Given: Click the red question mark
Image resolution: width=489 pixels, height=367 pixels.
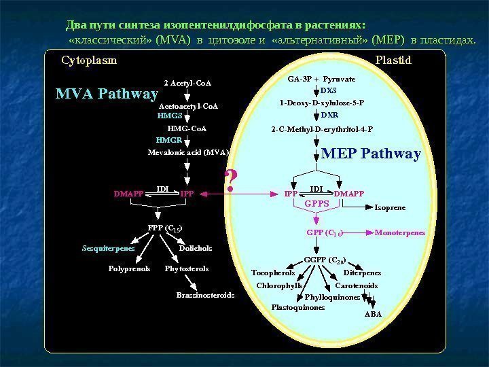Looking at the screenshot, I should (231, 179).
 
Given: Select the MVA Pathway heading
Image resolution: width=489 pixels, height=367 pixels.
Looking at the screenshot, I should (107, 94).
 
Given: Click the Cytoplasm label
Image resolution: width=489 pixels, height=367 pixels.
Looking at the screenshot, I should (89, 60).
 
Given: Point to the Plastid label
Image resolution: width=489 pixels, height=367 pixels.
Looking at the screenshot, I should (393, 60).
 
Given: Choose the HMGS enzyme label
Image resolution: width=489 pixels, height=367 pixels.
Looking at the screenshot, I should (169, 116).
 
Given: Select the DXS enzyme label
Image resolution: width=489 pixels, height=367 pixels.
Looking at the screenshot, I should (329, 90).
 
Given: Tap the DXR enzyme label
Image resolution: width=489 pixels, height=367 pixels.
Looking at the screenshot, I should (329, 115).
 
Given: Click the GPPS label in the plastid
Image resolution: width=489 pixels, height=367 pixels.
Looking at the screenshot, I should (316, 203).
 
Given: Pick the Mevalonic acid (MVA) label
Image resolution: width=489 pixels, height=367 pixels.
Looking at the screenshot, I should (189, 152).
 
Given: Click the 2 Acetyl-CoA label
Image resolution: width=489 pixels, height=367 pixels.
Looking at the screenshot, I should (187, 84).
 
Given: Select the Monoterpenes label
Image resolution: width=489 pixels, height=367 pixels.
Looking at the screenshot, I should (400, 232).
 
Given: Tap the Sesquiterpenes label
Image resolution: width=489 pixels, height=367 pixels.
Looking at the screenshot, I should (109, 248).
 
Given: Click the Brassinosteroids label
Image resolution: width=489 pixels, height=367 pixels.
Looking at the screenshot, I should (205, 295).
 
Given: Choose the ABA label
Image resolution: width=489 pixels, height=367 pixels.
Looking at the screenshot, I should (374, 315).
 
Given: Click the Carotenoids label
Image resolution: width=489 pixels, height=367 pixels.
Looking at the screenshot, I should (357, 285).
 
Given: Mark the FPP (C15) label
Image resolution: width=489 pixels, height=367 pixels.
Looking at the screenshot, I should (165, 226).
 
